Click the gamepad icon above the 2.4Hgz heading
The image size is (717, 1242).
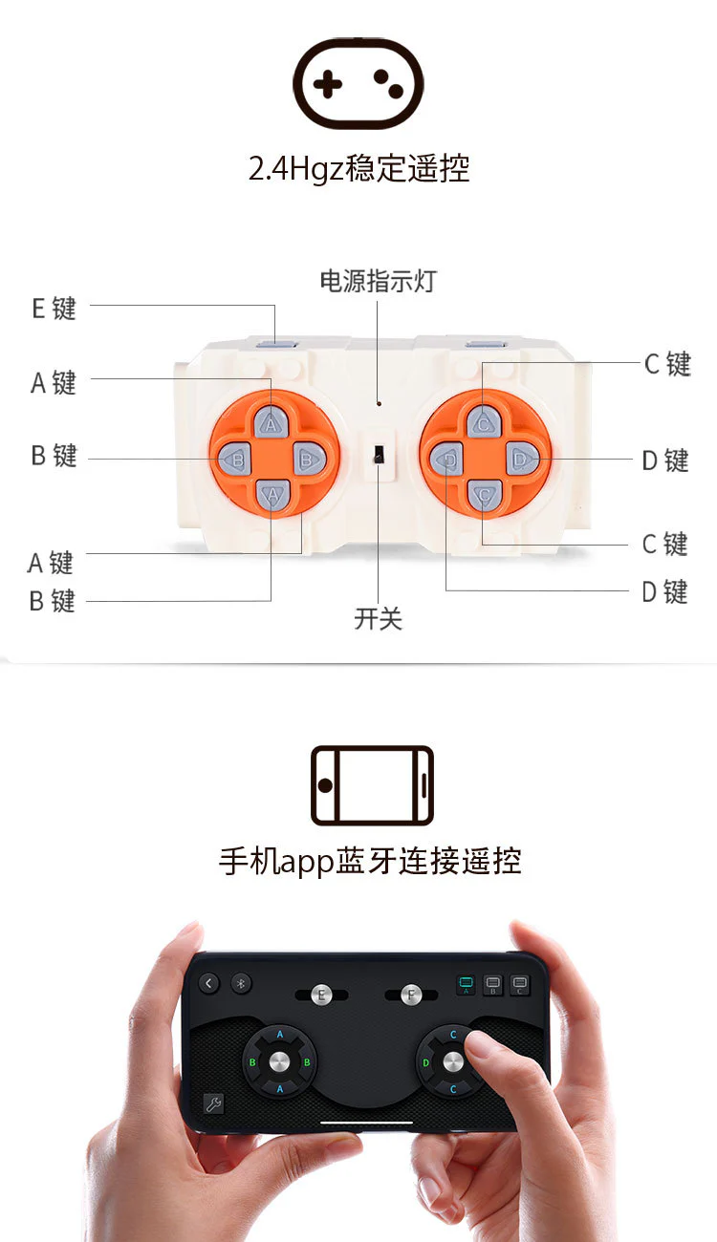coord(358,83)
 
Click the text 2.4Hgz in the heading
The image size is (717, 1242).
coord(296,168)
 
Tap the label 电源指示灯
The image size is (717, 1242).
coord(379,281)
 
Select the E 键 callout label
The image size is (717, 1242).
coord(54,309)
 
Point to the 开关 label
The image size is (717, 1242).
coord(378,618)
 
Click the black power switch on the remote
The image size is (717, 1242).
coord(379,454)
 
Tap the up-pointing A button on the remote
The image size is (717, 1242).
coord(271,423)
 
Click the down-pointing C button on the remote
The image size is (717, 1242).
coord(484,495)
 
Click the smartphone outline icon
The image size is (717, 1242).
coord(372,785)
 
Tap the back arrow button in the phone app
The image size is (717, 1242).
coord(208,983)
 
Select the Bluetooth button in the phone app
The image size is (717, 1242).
coord(241,983)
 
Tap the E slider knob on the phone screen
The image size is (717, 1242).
coord(321,995)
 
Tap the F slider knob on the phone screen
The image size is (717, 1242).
coord(411,995)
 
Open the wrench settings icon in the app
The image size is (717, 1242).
coord(213,1103)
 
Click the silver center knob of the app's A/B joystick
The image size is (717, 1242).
coord(279,1061)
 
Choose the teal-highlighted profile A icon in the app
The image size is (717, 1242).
coord(467,985)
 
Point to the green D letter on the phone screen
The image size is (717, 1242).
coord(425,1063)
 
